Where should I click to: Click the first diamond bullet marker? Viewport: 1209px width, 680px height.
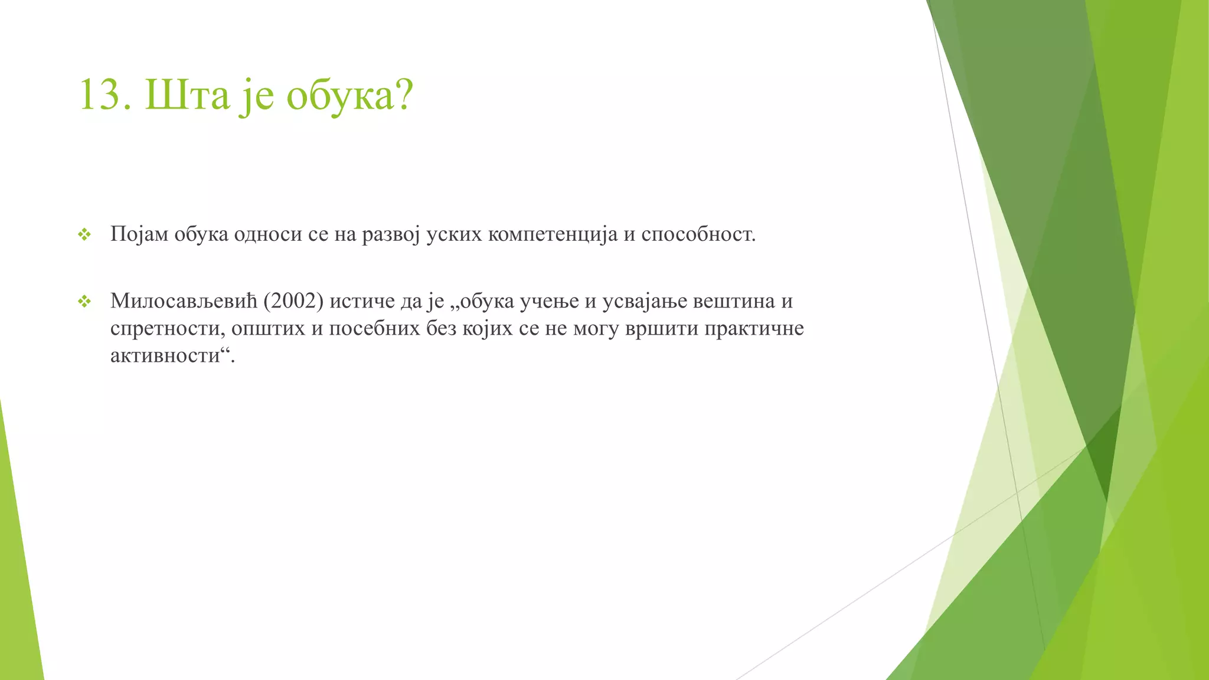84,235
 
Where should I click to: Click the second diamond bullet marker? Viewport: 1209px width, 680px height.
84,302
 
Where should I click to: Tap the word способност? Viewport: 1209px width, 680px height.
698,235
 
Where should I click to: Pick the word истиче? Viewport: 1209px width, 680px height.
362,302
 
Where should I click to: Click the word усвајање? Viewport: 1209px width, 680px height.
645,302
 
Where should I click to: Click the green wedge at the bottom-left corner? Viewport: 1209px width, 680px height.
18,590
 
